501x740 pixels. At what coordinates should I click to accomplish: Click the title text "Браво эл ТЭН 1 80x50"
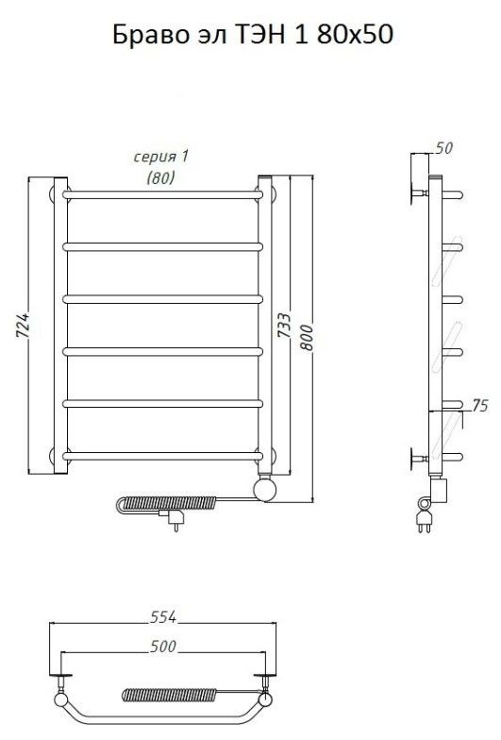point(253,35)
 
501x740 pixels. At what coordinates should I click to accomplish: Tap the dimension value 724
point(23,325)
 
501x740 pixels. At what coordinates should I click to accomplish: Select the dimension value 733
point(284,325)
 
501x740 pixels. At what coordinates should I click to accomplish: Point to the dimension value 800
point(308,337)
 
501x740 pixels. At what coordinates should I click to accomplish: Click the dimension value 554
point(163,617)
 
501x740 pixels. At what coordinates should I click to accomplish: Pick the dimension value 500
point(163,647)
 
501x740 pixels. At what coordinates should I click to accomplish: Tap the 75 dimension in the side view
point(479,406)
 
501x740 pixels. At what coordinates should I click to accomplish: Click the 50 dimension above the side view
point(443,148)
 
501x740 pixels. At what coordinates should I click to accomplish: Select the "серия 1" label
point(160,157)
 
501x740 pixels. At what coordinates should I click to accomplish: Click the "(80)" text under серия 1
point(160,177)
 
